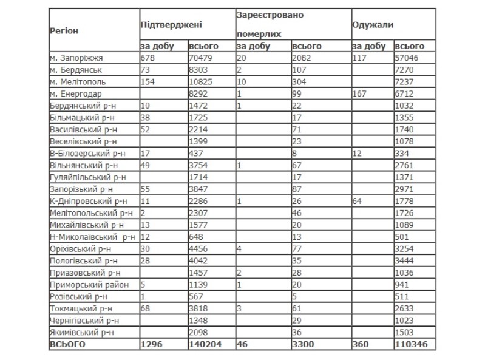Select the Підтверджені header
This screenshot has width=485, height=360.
171,25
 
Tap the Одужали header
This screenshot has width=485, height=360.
373,25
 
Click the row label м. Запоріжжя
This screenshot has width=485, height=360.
77,58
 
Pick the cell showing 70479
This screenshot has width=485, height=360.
202,58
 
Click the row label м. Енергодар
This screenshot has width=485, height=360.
76,93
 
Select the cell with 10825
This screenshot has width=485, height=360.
202,82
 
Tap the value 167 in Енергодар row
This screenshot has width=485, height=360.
361,93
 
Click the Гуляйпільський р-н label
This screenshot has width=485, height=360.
87,177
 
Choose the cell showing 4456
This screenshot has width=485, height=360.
200,248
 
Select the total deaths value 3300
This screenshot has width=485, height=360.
305,344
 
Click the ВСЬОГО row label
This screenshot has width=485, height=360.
68,344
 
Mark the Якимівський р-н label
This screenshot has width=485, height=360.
82,332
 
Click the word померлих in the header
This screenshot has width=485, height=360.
255,35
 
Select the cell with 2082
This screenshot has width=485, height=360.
302,58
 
